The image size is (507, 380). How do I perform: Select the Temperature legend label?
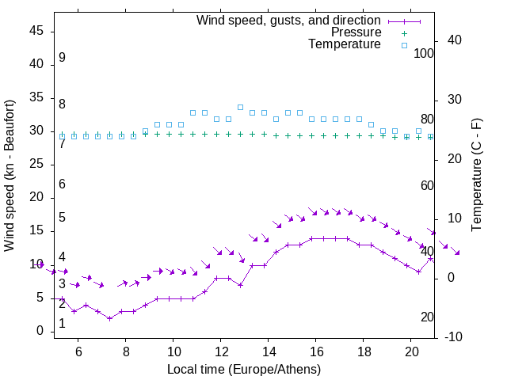point(345,44)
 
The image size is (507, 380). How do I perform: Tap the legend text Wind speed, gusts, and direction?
point(289,20)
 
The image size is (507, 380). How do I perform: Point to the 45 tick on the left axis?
point(36,31)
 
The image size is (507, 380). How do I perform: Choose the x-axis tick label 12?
point(221,351)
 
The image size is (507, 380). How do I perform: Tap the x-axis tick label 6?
point(78,351)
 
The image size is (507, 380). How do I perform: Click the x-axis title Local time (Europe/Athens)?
point(244,369)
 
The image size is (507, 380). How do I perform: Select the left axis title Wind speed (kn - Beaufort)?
point(10,176)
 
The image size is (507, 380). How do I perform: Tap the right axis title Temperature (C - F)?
point(476,176)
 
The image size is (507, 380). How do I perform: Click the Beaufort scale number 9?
point(62,58)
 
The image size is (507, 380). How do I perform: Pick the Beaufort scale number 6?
point(62,184)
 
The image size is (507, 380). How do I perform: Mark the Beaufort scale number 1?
point(62,324)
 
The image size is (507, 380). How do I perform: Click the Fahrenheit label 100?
point(425,53)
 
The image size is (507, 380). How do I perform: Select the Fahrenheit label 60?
point(428,185)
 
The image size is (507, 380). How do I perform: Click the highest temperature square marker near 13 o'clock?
point(240,107)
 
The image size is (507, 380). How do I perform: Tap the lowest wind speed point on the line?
point(109,318)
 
